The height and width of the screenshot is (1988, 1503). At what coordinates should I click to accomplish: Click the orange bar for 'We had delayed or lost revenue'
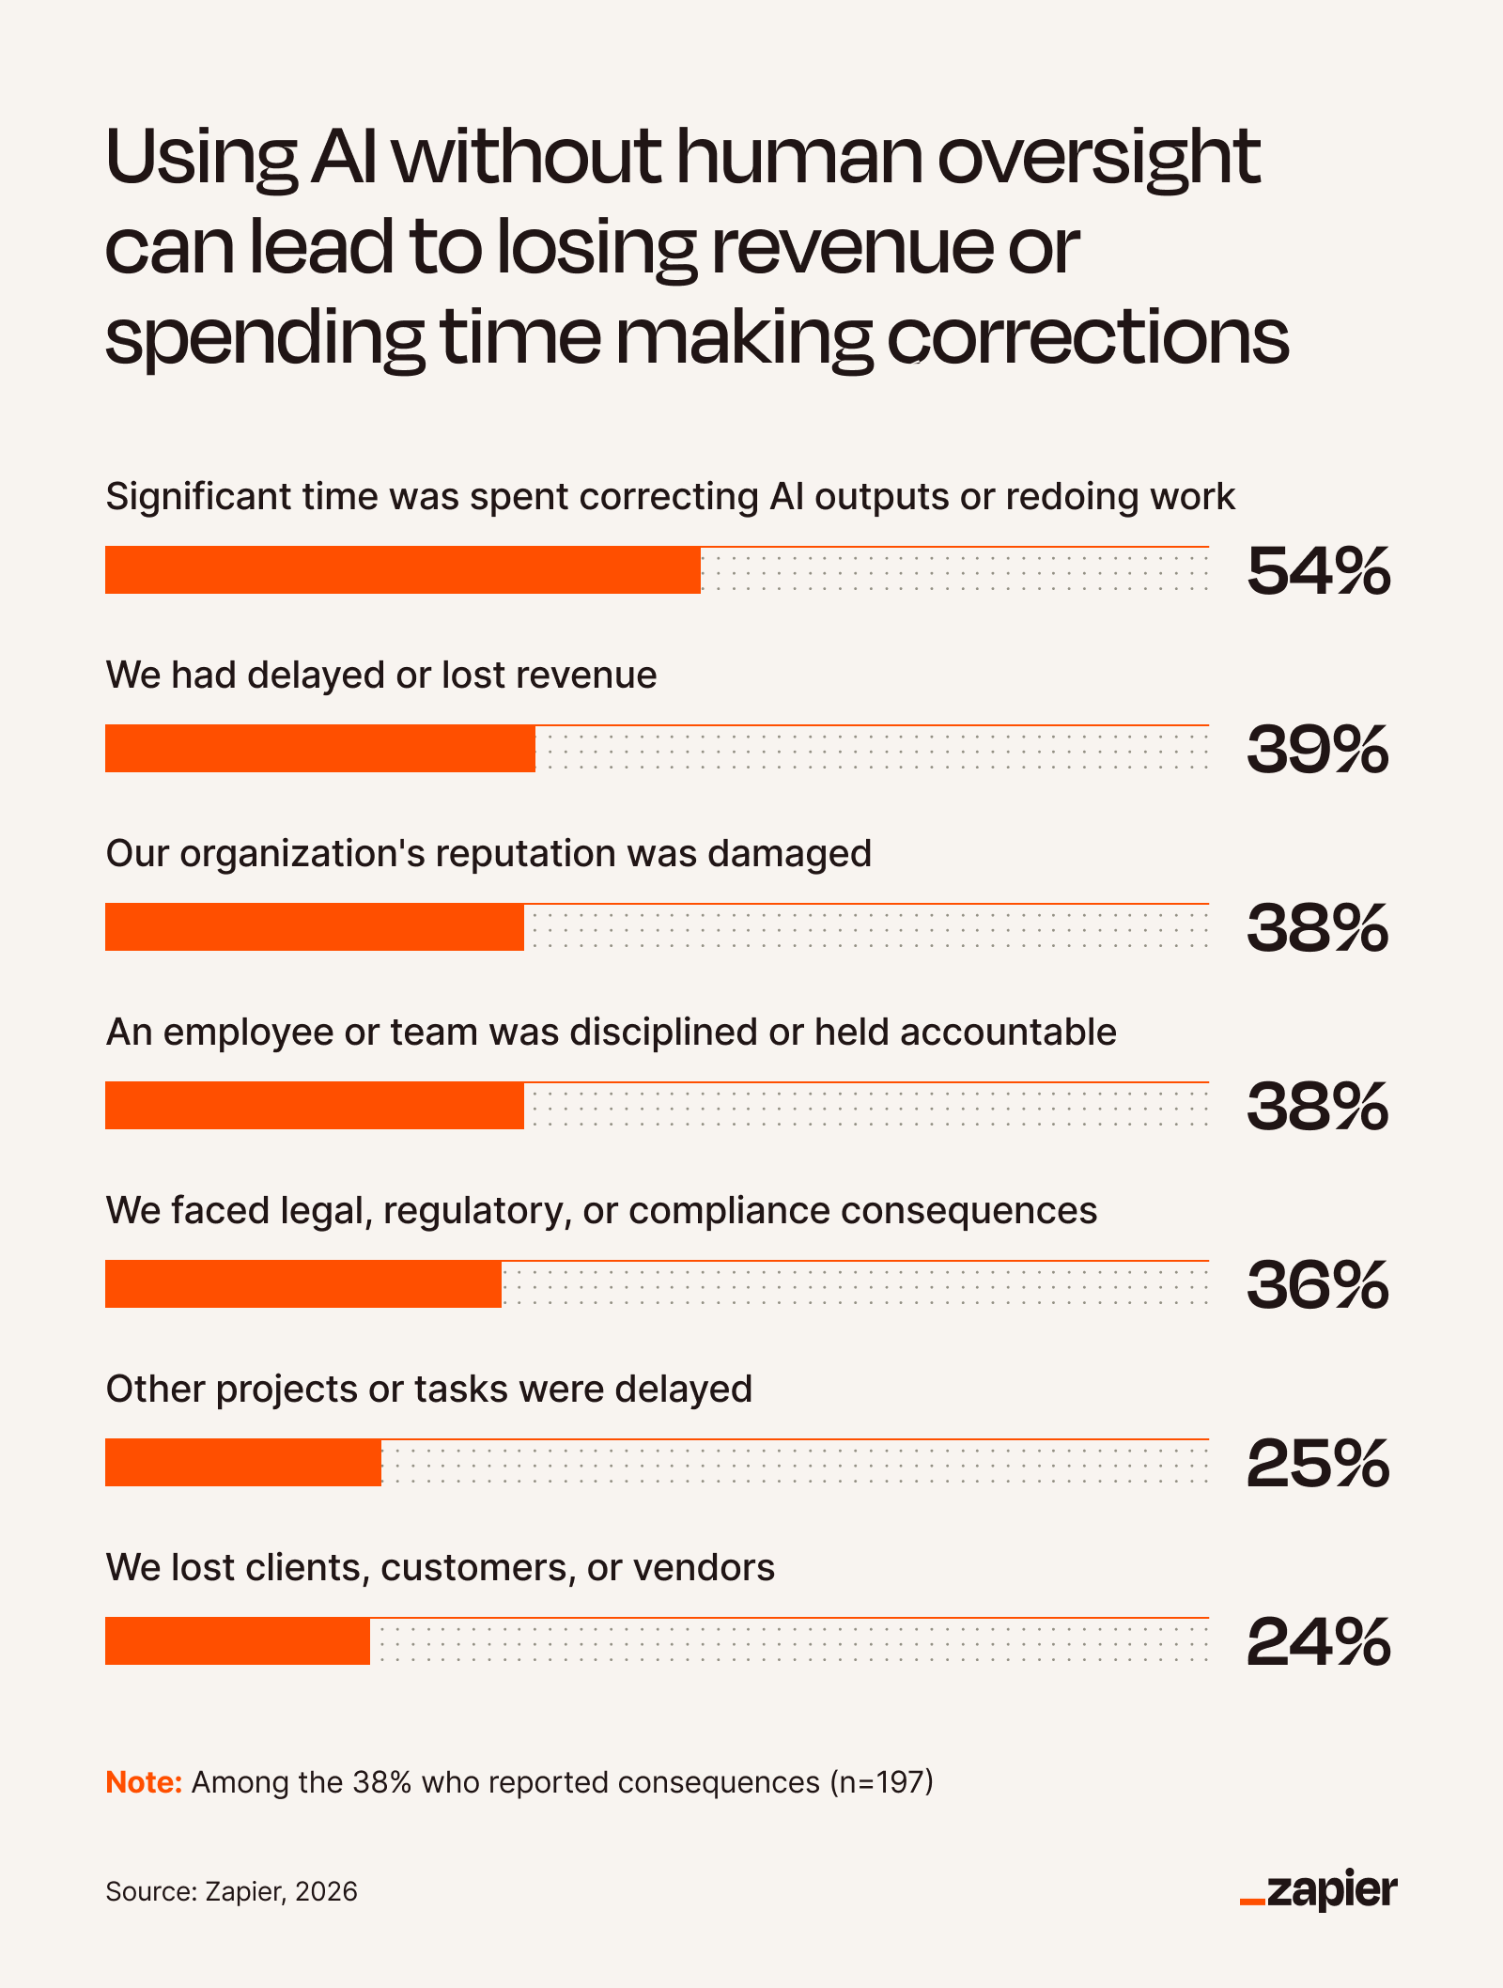320,749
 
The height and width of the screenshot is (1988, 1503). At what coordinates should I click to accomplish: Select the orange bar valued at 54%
403,570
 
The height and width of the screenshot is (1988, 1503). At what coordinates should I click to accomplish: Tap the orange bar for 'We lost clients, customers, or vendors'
238,1641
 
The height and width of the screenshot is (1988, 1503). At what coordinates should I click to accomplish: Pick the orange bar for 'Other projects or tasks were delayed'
243,1463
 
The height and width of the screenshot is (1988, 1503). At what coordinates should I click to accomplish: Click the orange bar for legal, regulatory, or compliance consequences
303,1284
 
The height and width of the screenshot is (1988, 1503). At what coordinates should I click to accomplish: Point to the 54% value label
1318,571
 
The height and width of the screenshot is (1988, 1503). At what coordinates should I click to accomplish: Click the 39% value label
1318,750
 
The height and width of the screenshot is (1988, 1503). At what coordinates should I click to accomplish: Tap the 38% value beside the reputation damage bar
1318,928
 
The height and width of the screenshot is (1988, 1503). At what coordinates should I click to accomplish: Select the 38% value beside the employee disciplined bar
1318,1107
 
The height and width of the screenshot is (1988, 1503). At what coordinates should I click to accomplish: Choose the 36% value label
1318,1285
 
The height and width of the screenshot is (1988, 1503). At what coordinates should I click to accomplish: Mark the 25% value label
1318,1464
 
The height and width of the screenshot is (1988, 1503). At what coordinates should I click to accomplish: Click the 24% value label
1318,1642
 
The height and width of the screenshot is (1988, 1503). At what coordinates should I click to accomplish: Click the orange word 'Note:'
144,1782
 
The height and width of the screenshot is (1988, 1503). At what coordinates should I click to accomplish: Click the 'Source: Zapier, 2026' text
231,1891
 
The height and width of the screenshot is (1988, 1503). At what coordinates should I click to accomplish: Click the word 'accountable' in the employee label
1008,1032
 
